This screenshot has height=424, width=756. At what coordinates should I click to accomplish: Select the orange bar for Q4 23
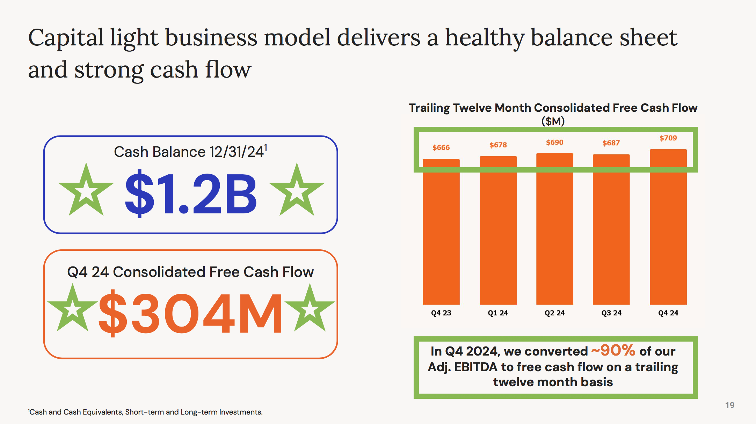coord(441,232)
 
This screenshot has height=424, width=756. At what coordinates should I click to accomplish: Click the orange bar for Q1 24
coord(498,230)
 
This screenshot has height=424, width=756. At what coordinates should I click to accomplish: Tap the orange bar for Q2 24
coord(555,229)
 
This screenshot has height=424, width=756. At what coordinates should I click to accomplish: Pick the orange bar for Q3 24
coord(611,229)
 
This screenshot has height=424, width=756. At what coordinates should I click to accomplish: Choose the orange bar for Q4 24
coord(668,227)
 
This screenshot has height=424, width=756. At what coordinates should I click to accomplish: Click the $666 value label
coord(441,148)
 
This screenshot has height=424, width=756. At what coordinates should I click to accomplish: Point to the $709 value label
coord(668,138)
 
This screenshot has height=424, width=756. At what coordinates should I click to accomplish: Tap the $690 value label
coord(555,142)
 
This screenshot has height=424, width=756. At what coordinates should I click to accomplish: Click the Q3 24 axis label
coord(611,313)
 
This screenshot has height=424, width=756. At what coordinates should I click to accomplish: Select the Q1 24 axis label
coord(498,313)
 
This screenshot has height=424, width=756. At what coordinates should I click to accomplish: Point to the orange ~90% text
coord(613,350)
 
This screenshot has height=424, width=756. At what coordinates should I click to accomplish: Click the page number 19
coord(730,405)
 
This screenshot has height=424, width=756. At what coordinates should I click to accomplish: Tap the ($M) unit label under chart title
coord(553,121)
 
